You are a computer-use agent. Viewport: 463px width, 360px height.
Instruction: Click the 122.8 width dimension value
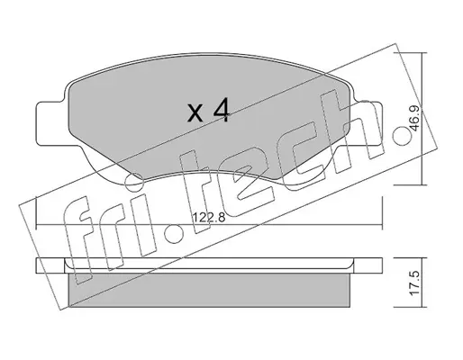coord(208,217)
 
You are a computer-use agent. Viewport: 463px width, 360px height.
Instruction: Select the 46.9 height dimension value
coord(414,119)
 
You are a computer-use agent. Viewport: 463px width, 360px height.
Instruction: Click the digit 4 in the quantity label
coord(221,111)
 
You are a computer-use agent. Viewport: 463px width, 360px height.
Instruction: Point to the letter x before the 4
coord(195,113)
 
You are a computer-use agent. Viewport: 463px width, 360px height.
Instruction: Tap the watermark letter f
coord(78,240)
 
